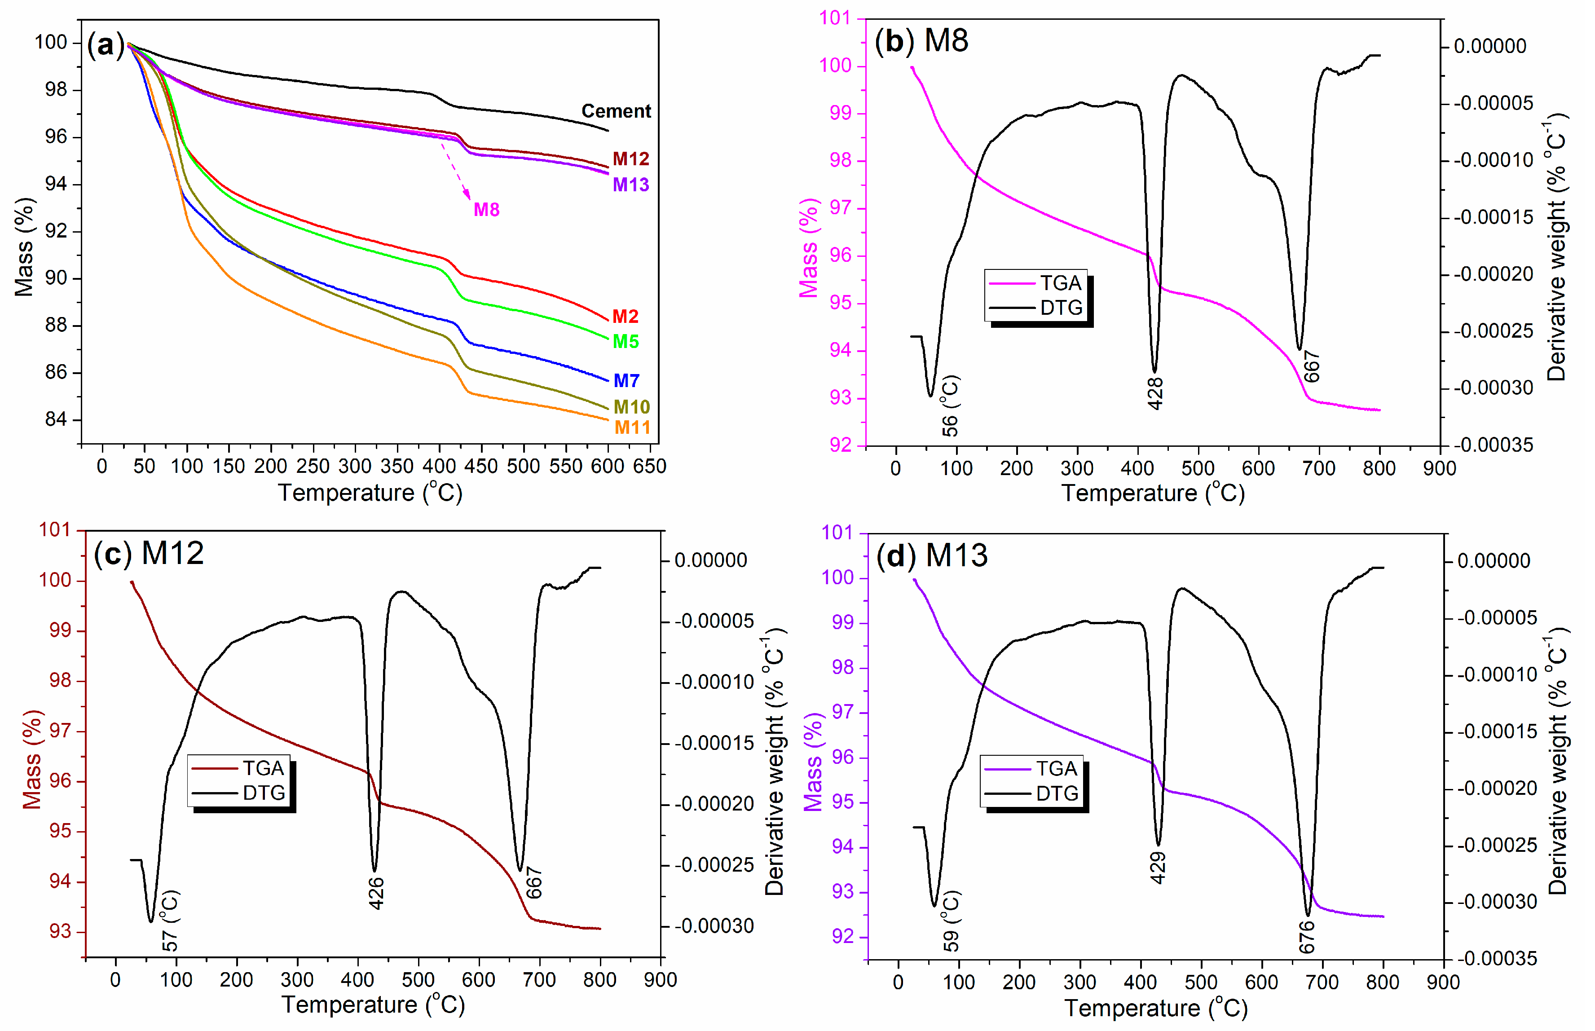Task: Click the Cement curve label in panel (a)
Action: pyautogui.click(x=615, y=111)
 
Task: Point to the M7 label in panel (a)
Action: pyautogui.click(x=626, y=380)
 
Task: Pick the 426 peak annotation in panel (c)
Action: pyautogui.click(x=376, y=893)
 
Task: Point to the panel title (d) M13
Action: pyautogui.click(x=932, y=555)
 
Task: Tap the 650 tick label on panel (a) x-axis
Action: pyautogui.click(x=649, y=466)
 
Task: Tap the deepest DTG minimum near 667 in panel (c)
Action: pyautogui.click(x=520, y=870)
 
